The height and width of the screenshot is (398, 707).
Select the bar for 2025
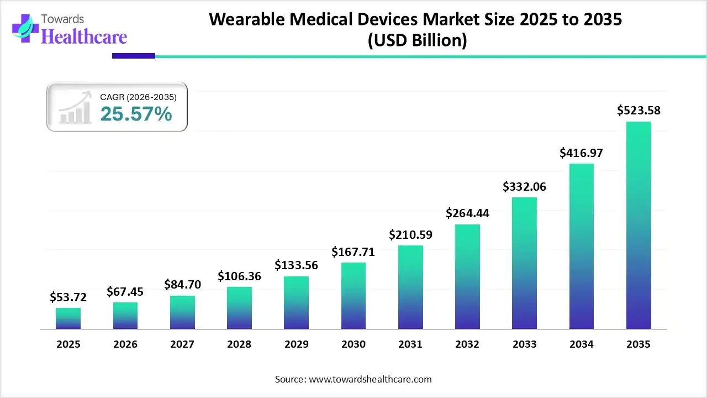(68, 318)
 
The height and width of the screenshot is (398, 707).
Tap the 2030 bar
(353, 296)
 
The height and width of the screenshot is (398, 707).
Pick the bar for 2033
(524, 263)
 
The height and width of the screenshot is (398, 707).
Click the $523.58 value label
(639, 111)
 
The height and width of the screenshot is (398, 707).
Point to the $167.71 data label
(353, 252)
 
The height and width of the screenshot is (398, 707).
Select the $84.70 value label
(182, 285)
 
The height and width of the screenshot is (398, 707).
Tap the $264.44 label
(467, 213)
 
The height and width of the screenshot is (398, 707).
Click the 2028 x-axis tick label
(239, 344)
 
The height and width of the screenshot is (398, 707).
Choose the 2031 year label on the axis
(410, 344)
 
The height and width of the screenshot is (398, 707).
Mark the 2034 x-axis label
(582, 344)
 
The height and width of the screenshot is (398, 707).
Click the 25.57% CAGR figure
(136, 114)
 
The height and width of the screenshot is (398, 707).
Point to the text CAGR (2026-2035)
(138, 97)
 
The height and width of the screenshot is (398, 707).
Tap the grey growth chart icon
(75, 109)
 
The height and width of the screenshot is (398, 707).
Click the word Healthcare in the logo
(84, 36)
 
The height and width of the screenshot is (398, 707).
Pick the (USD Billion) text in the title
(417, 40)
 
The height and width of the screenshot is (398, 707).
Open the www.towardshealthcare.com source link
(369, 379)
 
